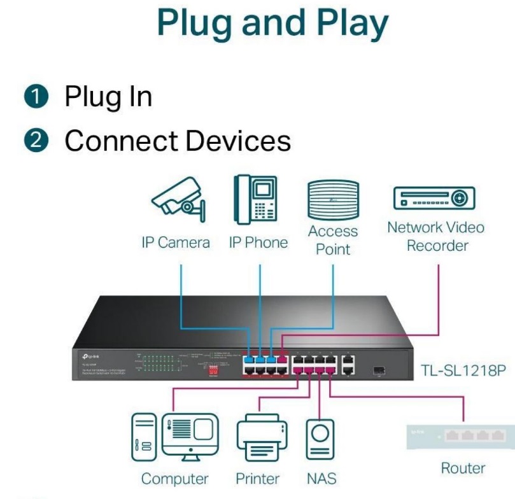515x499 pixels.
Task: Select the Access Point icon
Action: (x=332, y=199)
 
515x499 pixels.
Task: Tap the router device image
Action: (x=459, y=437)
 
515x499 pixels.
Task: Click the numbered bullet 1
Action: (x=40, y=97)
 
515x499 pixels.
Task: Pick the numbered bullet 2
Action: (x=40, y=141)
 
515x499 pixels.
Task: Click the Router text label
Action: (x=463, y=468)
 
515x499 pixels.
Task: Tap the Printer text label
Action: (x=258, y=479)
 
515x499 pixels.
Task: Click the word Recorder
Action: (x=437, y=245)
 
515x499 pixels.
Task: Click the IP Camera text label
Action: (x=175, y=242)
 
